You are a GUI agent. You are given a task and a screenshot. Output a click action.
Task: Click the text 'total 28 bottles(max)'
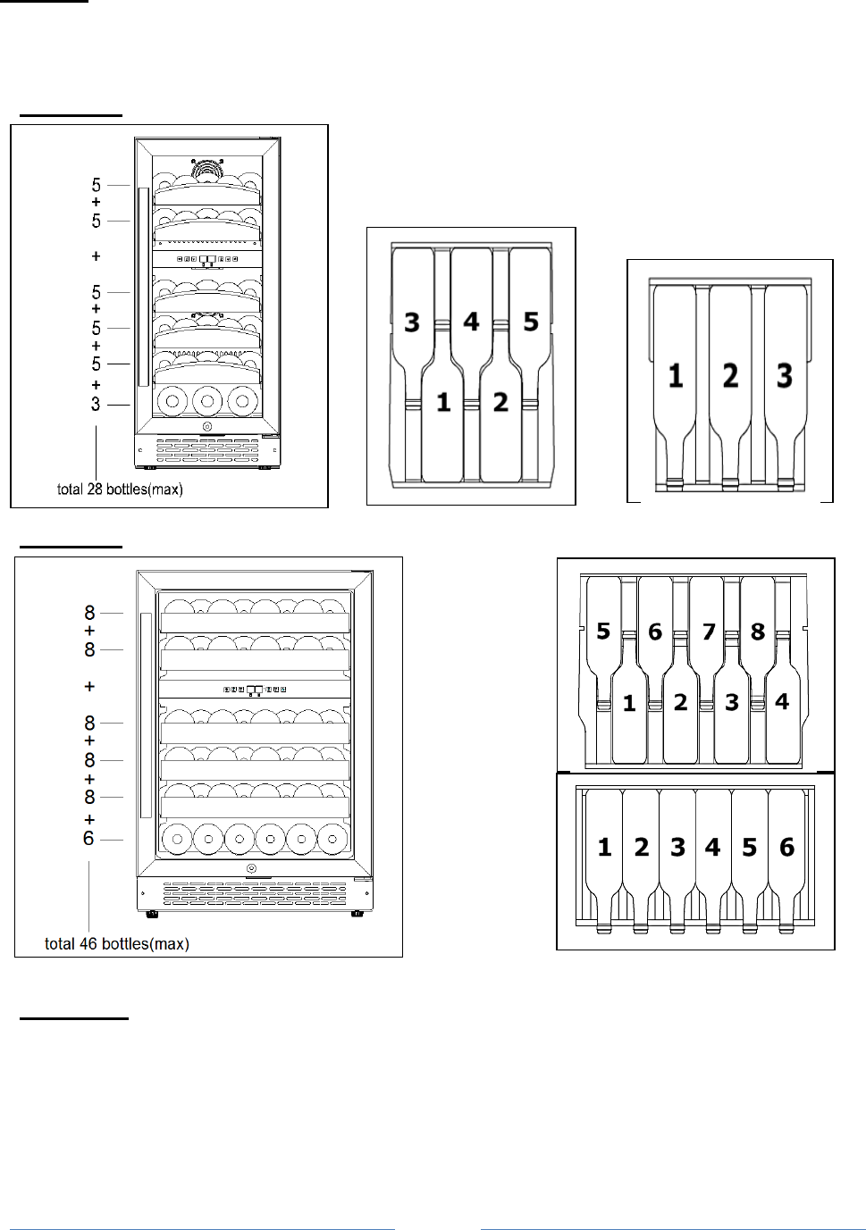click(x=120, y=489)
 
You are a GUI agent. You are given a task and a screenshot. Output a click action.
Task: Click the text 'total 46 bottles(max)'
click(x=117, y=944)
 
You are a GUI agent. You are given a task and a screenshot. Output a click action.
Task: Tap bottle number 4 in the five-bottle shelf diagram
click(x=472, y=322)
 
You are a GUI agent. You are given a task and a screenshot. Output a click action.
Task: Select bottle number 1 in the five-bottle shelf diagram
click(x=443, y=403)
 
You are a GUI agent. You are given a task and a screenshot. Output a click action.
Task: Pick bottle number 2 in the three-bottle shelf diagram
click(x=730, y=375)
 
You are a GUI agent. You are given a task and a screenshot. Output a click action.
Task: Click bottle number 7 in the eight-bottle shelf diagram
click(x=708, y=632)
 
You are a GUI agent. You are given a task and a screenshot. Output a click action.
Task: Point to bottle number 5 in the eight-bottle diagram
click(x=603, y=632)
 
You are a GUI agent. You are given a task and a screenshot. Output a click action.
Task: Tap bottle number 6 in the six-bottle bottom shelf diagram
click(x=786, y=847)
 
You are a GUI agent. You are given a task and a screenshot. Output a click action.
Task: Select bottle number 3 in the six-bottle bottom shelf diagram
click(x=677, y=847)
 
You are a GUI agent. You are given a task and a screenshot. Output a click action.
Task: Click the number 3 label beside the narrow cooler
click(x=96, y=405)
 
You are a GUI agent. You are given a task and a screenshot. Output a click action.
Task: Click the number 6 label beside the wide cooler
click(x=88, y=839)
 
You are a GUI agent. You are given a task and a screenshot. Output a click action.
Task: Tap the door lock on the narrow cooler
click(x=207, y=426)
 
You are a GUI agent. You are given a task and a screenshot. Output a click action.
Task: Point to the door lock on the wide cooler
click(x=251, y=869)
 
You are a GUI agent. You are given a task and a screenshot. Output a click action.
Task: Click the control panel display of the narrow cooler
click(x=207, y=260)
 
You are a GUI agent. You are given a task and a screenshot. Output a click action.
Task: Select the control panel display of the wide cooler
click(x=255, y=690)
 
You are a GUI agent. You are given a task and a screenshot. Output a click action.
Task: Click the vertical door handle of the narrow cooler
click(x=142, y=287)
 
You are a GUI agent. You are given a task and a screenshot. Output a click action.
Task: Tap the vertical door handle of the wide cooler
click(x=145, y=715)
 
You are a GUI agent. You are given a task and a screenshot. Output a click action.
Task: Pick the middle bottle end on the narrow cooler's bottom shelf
click(x=207, y=401)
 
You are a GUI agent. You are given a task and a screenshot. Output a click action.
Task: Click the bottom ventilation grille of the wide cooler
click(x=255, y=891)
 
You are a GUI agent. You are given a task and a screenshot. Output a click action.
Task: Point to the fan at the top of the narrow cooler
click(x=207, y=167)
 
